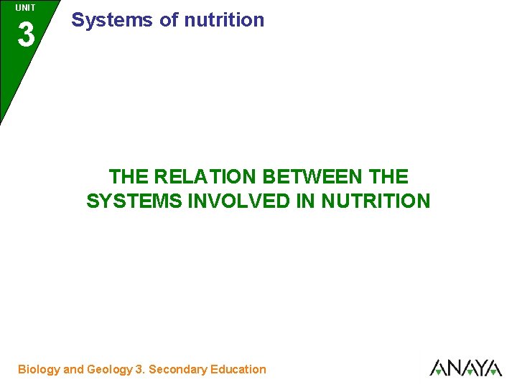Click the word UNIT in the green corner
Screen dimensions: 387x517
point(25,8)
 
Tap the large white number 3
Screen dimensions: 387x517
point(26,34)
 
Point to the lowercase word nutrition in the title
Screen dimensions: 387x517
point(224,20)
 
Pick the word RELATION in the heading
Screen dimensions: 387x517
point(206,176)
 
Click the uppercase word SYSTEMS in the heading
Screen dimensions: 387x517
point(134,201)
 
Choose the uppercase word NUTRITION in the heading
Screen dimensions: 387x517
point(376,201)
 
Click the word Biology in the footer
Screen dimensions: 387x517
point(39,370)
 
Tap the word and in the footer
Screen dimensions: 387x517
point(73,370)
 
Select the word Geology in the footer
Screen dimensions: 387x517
point(109,370)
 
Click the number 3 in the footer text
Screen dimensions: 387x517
point(139,370)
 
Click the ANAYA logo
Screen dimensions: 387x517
point(465,368)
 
